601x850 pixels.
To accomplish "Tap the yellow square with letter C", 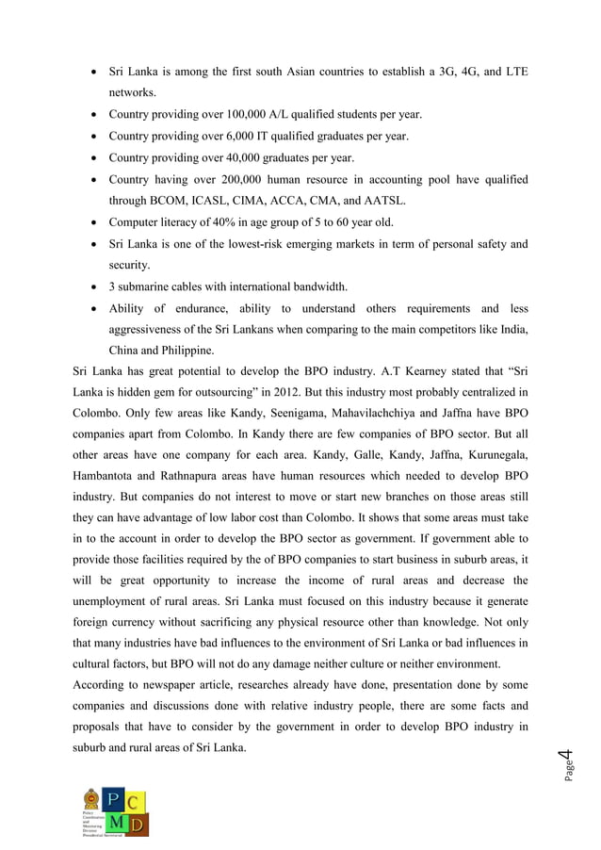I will tap(137, 800).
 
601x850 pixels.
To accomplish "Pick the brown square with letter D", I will tap(137, 824).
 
